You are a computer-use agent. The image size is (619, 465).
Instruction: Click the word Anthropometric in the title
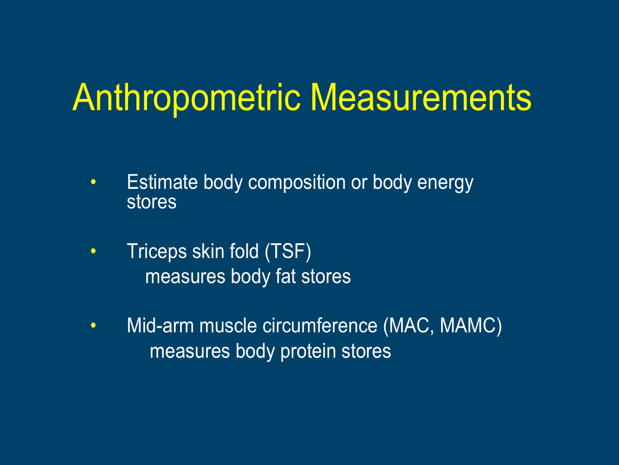187,98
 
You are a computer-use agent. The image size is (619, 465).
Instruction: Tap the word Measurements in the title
421,97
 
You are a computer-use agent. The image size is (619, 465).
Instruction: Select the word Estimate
162,182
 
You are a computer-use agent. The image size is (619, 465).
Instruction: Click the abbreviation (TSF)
288,252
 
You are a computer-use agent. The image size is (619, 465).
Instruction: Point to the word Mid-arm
160,325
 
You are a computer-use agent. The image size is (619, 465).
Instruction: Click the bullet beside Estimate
93,182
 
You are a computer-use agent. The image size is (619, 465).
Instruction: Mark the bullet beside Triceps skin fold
93,251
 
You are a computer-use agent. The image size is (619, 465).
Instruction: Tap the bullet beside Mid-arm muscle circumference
93,325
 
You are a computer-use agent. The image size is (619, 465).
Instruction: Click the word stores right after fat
326,277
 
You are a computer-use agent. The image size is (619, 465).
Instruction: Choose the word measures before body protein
190,352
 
